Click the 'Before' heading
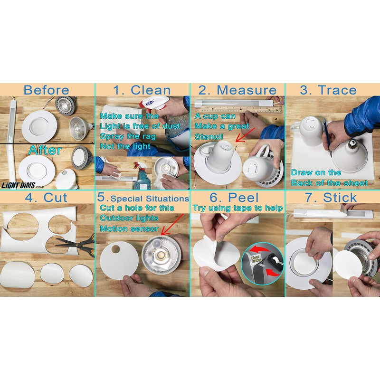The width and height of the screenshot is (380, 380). pyautogui.click(x=46, y=90)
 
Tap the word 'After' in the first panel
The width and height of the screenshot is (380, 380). pyautogui.click(x=45, y=150)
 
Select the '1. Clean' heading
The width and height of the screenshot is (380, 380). pyautogui.click(x=142, y=90)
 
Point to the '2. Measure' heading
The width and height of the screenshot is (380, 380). pyautogui.click(x=237, y=90)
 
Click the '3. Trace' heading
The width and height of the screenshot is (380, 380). pyautogui.click(x=328, y=90)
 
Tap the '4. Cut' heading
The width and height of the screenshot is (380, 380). pyautogui.click(x=46, y=197)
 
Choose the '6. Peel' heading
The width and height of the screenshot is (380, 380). pyautogui.click(x=234, y=197)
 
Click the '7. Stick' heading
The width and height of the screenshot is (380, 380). pyautogui.click(x=331, y=197)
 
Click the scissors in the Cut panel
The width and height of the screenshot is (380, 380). pyautogui.click(x=77, y=244)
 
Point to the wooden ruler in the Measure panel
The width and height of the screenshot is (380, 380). pyautogui.click(x=241, y=110)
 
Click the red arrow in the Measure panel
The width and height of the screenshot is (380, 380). pyautogui.click(x=245, y=135)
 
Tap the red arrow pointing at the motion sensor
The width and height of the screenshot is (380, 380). pyautogui.click(x=172, y=225)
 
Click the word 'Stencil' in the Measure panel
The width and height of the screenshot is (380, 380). pyautogui.click(x=209, y=136)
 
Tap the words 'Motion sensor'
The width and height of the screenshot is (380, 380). pyautogui.click(x=129, y=228)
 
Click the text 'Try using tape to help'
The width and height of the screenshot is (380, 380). pyautogui.click(x=238, y=208)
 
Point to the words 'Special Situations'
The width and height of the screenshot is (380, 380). pyautogui.click(x=150, y=199)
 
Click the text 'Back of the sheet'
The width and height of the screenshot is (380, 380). pyautogui.click(x=330, y=183)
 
